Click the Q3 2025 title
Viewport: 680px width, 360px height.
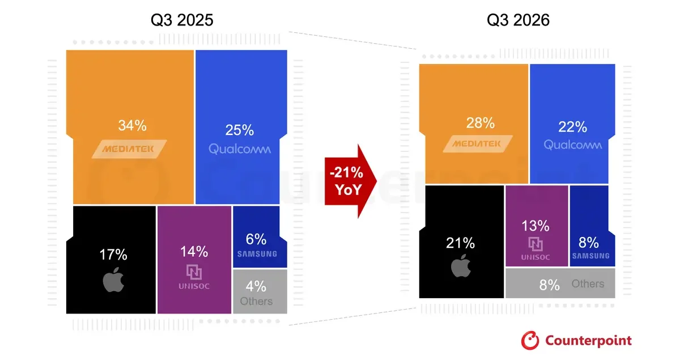coord(182,20)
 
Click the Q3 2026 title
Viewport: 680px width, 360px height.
coord(518,20)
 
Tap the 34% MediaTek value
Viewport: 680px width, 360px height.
coord(133,125)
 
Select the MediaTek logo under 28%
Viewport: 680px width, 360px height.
coord(478,143)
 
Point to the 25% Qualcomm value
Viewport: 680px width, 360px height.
coord(240,130)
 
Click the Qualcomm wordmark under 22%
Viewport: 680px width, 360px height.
coord(572,145)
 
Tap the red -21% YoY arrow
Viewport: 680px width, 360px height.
coord(351,181)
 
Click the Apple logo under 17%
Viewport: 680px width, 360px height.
coord(113,280)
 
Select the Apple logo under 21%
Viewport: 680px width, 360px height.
coord(461,266)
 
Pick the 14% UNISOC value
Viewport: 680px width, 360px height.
coord(194,252)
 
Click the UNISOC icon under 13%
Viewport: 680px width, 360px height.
coord(535,244)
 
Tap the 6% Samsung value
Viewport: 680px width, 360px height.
coord(256,239)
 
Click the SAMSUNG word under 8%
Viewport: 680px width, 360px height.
coord(590,256)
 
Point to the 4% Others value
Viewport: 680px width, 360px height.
coord(256,286)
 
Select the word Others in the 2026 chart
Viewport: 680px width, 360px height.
coord(588,283)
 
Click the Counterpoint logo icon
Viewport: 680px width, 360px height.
coord(530,340)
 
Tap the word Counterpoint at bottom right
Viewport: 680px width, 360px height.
coord(588,341)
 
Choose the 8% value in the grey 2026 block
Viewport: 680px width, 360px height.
coord(550,285)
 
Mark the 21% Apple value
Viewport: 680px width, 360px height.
coord(460,243)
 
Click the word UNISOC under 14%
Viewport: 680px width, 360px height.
coord(194,286)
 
